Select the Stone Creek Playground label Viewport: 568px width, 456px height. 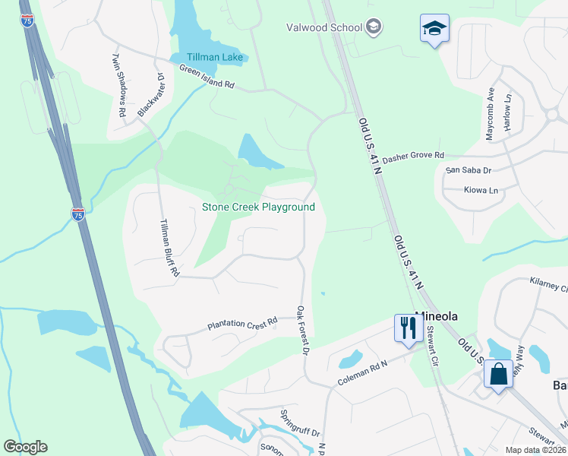click(x=258, y=207)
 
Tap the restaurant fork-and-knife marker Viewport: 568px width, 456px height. click(x=408, y=328)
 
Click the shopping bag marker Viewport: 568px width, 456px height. click(x=499, y=375)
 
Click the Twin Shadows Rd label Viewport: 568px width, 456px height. click(x=119, y=84)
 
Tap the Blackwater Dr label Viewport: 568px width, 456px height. click(x=151, y=95)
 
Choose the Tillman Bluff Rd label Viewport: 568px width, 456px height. click(x=169, y=247)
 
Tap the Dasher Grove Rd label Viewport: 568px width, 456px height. click(x=413, y=157)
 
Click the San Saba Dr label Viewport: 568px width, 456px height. click(x=469, y=170)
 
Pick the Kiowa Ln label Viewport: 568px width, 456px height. click(x=482, y=190)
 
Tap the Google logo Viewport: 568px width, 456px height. click(x=25, y=447)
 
